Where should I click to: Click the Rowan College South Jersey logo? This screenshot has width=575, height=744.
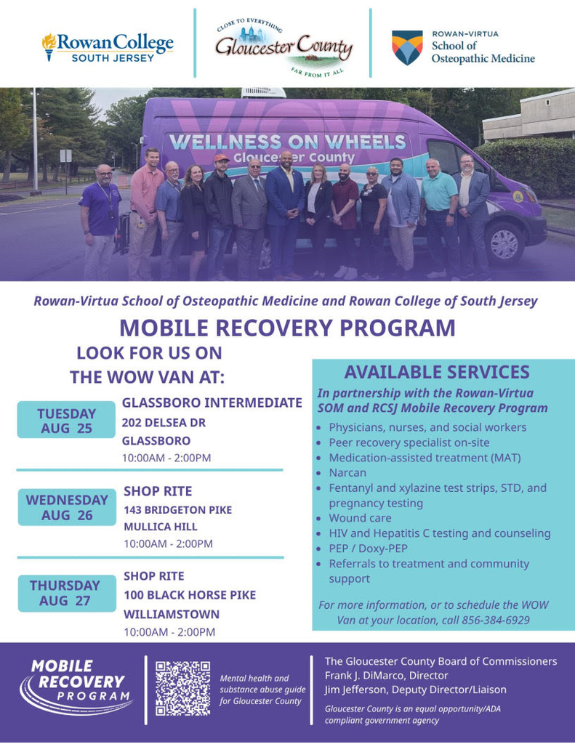pyautogui.click(x=108, y=47)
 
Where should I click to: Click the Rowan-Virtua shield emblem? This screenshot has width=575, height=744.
pyautogui.click(x=407, y=47)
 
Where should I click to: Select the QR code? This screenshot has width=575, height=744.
pyautogui.click(x=182, y=689)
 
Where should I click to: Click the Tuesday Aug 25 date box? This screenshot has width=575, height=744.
pyautogui.click(x=66, y=420)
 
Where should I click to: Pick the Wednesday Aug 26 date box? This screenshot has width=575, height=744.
pyautogui.click(x=67, y=507)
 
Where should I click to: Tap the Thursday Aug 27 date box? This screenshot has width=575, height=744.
pyautogui.click(x=67, y=593)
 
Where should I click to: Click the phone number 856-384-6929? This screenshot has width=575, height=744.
pyautogui.click(x=496, y=620)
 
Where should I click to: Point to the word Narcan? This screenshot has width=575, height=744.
pyautogui.click(x=347, y=472)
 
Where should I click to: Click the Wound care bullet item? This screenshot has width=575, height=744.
pyautogui.click(x=361, y=517)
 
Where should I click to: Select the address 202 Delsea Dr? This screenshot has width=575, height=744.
pyautogui.click(x=164, y=422)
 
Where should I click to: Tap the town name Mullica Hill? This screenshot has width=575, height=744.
pyautogui.click(x=161, y=527)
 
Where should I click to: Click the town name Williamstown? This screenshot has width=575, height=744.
pyautogui.click(x=172, y=614)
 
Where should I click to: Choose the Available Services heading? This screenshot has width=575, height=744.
pyautogui.click(x=437, y=372)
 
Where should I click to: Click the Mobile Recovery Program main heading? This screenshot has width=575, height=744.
pyautogui.click(x=287, y=328)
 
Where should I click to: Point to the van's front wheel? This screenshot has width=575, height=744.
pyautogui.click(x=504, y=243)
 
